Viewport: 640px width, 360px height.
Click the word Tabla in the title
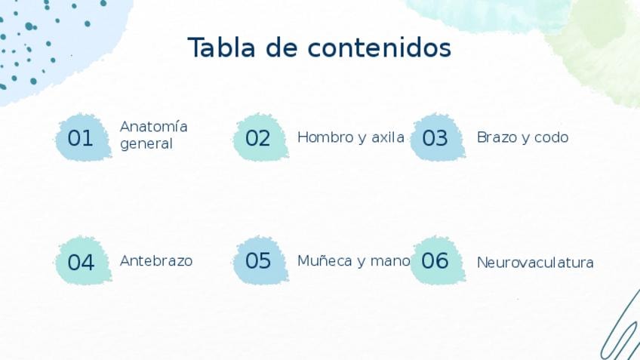click(221, 48)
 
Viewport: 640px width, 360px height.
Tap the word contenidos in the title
click(379, 48)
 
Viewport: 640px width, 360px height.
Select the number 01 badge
click(83, 137)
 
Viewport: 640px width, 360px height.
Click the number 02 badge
click(260, 137)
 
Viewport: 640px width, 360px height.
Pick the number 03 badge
click(438, 137)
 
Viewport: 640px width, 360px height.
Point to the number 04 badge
click(83, 260)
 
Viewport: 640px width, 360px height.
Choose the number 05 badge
click(260, 260)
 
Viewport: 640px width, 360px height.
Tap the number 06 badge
click(438, 260)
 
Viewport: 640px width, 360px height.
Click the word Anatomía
click(153, 126)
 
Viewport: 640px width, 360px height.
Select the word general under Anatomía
click(146, 144)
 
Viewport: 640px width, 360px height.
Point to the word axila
click(388, 137)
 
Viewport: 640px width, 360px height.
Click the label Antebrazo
click(156, 261)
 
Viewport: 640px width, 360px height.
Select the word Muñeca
click(325, 261)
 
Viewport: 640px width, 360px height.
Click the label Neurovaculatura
click(535, 263)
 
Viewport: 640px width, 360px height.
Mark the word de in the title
click(282, 48)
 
